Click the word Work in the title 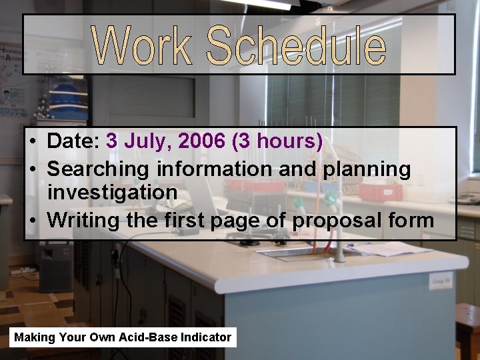tap(142, 45)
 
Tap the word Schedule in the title tap(295, 45)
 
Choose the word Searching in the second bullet tap(99, 169)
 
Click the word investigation tap(112, 193)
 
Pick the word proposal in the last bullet tap(341, 220)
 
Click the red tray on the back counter tap(380, 191)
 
